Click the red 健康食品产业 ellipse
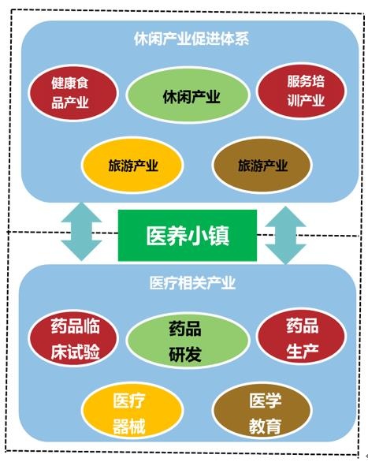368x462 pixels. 73,93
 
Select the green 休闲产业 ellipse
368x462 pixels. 188,95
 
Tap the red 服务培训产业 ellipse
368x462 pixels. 301,91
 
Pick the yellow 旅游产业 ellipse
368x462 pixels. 132,166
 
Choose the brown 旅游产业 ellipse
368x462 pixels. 262,166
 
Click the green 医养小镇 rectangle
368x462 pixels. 188,236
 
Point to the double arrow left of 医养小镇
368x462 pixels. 81,232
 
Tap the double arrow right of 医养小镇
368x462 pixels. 285,235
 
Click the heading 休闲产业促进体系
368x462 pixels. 191,39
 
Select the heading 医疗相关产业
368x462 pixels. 192,283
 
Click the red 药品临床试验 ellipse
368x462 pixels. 73,338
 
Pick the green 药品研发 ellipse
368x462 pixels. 188,341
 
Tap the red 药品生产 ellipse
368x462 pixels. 301,337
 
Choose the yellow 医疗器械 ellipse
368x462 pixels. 132,411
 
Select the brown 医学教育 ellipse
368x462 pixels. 262,410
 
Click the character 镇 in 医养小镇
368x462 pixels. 219,236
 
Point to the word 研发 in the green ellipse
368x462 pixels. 185,354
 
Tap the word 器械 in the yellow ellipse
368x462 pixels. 129,426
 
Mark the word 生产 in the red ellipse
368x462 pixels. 303,351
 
